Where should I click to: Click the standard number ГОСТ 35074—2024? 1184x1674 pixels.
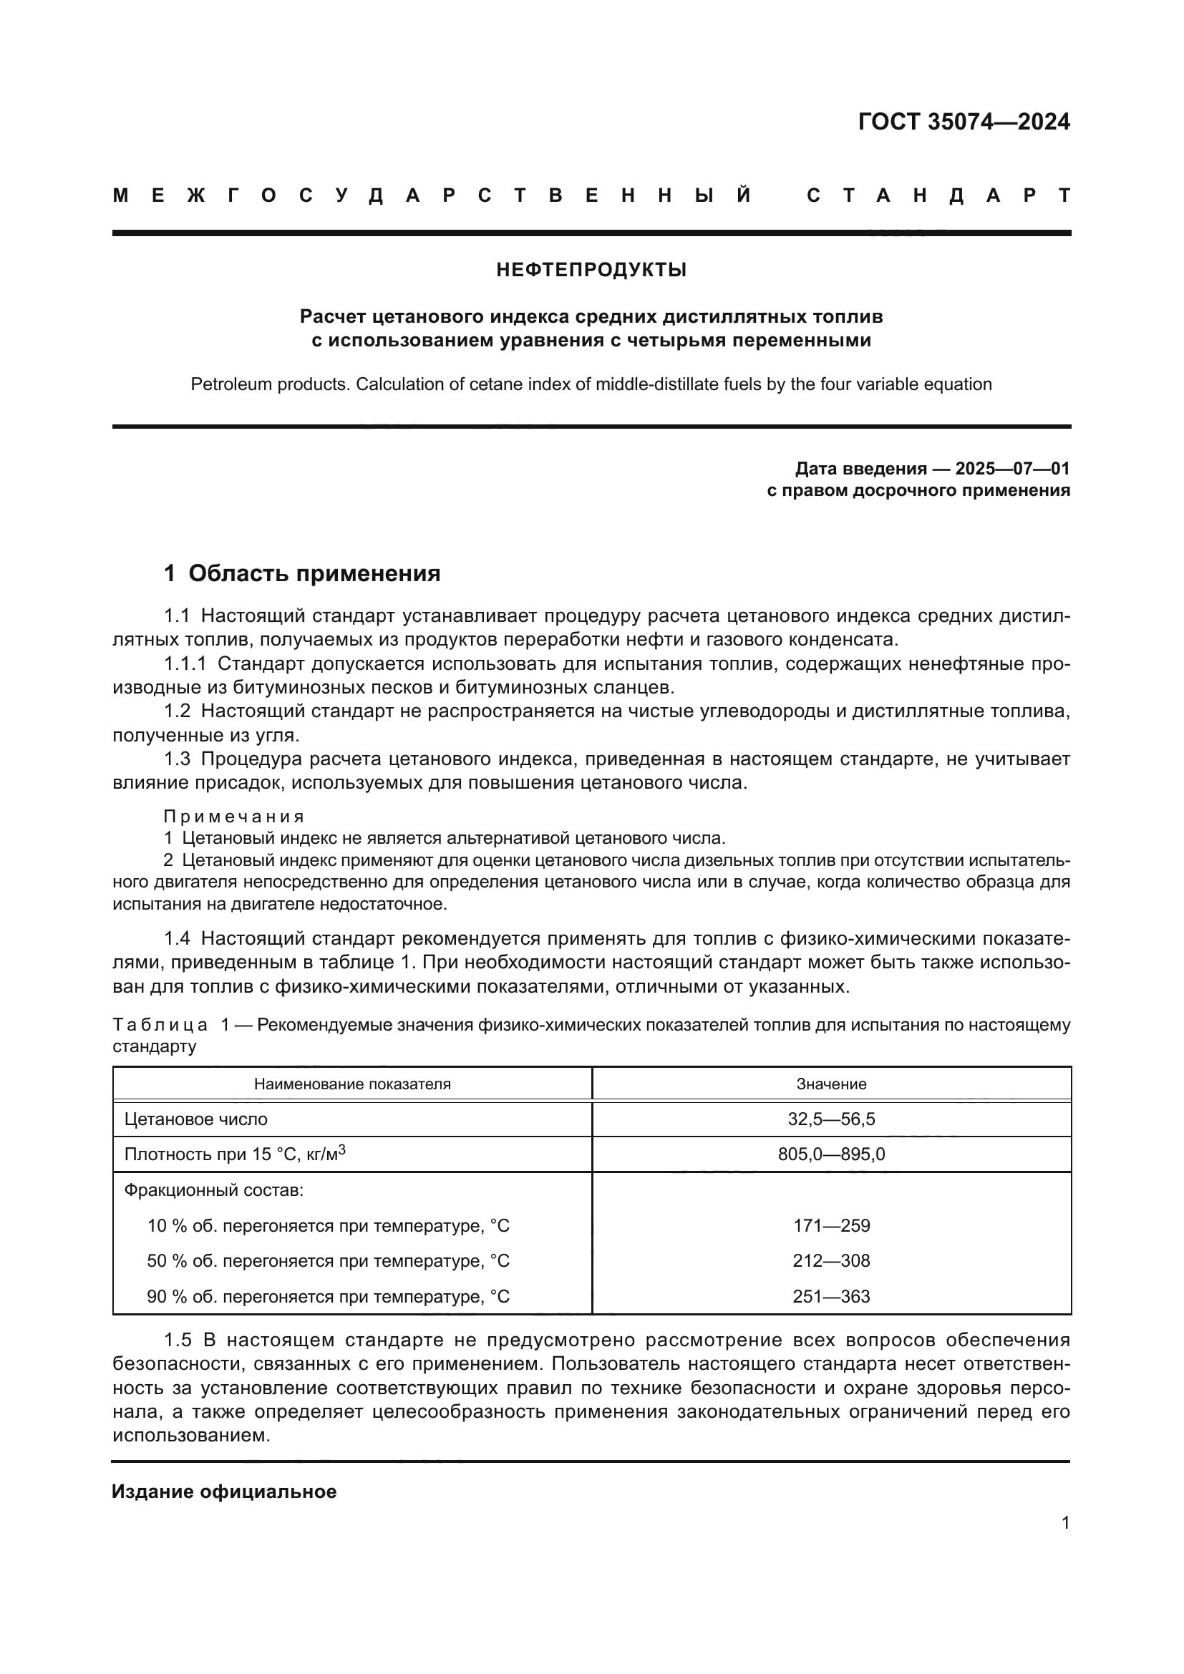pyautogui.click(x=963, y=122)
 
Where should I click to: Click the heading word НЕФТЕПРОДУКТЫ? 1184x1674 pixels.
pyautogui.click(x=591, y=271)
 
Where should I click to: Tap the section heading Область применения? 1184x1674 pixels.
pyautogui.click(x=314, y=573)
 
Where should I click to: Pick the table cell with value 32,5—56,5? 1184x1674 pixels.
pyautogui.click(x=831, y=1119)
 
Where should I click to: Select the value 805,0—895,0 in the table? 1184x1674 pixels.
pyautogui.click(x=831, y=1154)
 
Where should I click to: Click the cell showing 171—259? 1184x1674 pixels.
pyautogui.click(x=831, y=1225)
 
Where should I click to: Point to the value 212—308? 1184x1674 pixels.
pyautogui.click(x=831, y=1260)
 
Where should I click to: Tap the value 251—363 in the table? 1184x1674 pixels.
pyautogui.click(x=831, y=1296)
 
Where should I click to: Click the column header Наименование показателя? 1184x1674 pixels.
pyautogui.click(x=352, y=1084)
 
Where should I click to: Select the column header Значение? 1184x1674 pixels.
pyautogui.click(x=831, y=1084)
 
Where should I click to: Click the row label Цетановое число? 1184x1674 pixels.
pyautogui.click(x=196, y=1119)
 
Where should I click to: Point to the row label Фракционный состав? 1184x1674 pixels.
pyautogui.click(x=213, y=1191)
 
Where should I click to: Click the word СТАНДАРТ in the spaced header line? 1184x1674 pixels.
pyautogui.click(x=938, y=195)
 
